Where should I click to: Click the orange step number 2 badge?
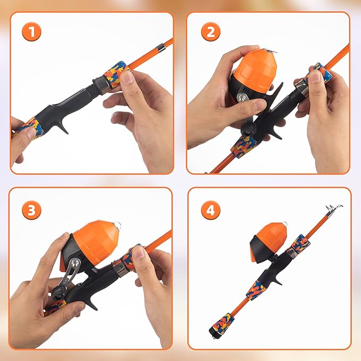click(211, 32)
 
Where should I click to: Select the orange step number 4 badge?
click(211, 209)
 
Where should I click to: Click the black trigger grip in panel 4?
click(275, 276)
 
